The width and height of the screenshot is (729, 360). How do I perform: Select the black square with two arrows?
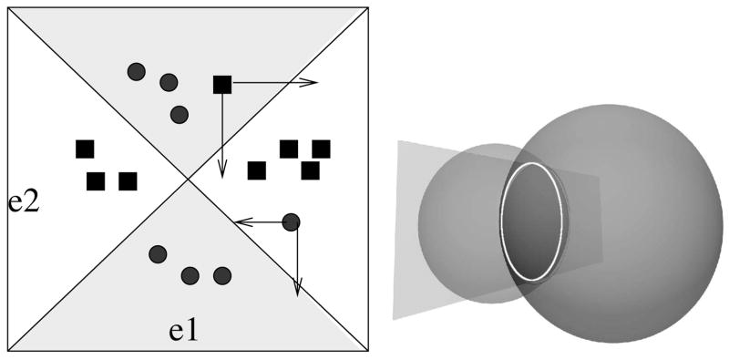click(222, 85)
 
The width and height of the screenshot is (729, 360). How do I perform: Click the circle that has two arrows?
click(291, 221)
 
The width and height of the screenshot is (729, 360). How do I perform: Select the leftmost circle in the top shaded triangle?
click(137, 70)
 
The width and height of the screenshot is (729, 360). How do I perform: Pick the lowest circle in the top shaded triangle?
click(179, 115)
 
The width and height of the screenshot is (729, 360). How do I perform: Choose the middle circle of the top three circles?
click(168, 83)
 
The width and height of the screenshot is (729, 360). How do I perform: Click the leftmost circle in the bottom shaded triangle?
click(158, 254)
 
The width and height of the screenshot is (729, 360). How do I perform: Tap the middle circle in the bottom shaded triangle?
click(190, 274)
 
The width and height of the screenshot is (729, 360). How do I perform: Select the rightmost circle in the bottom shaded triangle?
click(221, 274)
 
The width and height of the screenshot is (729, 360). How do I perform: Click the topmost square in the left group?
click(85, 149)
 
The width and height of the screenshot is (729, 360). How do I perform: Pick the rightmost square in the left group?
click(128, 181)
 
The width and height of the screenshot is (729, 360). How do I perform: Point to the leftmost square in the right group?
click(257, 170)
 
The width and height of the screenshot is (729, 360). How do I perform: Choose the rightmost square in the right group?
click(321, 149)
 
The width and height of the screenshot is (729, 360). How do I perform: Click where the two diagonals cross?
click(188, 179)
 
